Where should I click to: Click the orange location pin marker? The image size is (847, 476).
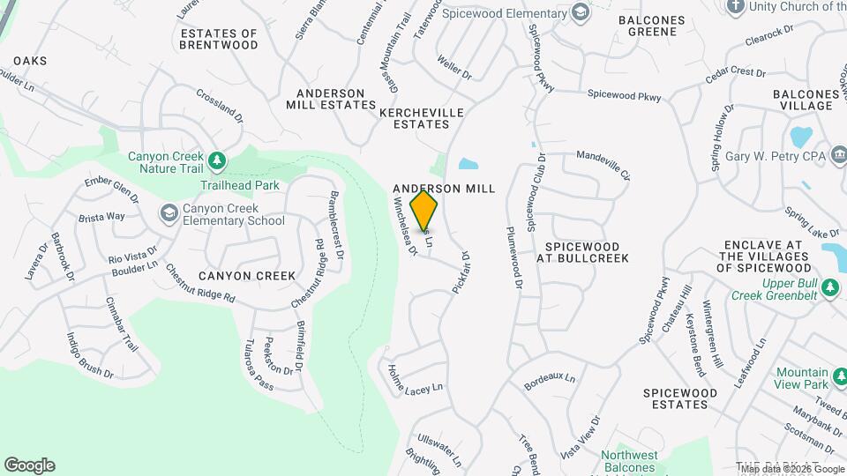[x=424, y=210]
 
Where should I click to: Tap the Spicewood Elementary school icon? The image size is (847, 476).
[x=580, y=12]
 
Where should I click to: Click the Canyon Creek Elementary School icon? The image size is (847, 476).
[x=169, y=213]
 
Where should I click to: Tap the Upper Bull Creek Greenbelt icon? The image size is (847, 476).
[x=829, y=288]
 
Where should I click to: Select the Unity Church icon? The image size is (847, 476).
[x=735, y=6]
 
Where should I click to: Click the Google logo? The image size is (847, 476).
[x=29, y=465]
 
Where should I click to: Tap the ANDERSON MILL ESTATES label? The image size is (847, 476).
[x=331, y=99]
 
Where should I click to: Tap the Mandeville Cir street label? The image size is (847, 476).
[x=603, y=165]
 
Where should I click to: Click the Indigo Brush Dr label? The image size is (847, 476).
[x=90, y=355]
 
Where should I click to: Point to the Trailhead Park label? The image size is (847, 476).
[x=239, y=185]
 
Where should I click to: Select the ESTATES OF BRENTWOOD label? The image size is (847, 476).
[x=219, y=39]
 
